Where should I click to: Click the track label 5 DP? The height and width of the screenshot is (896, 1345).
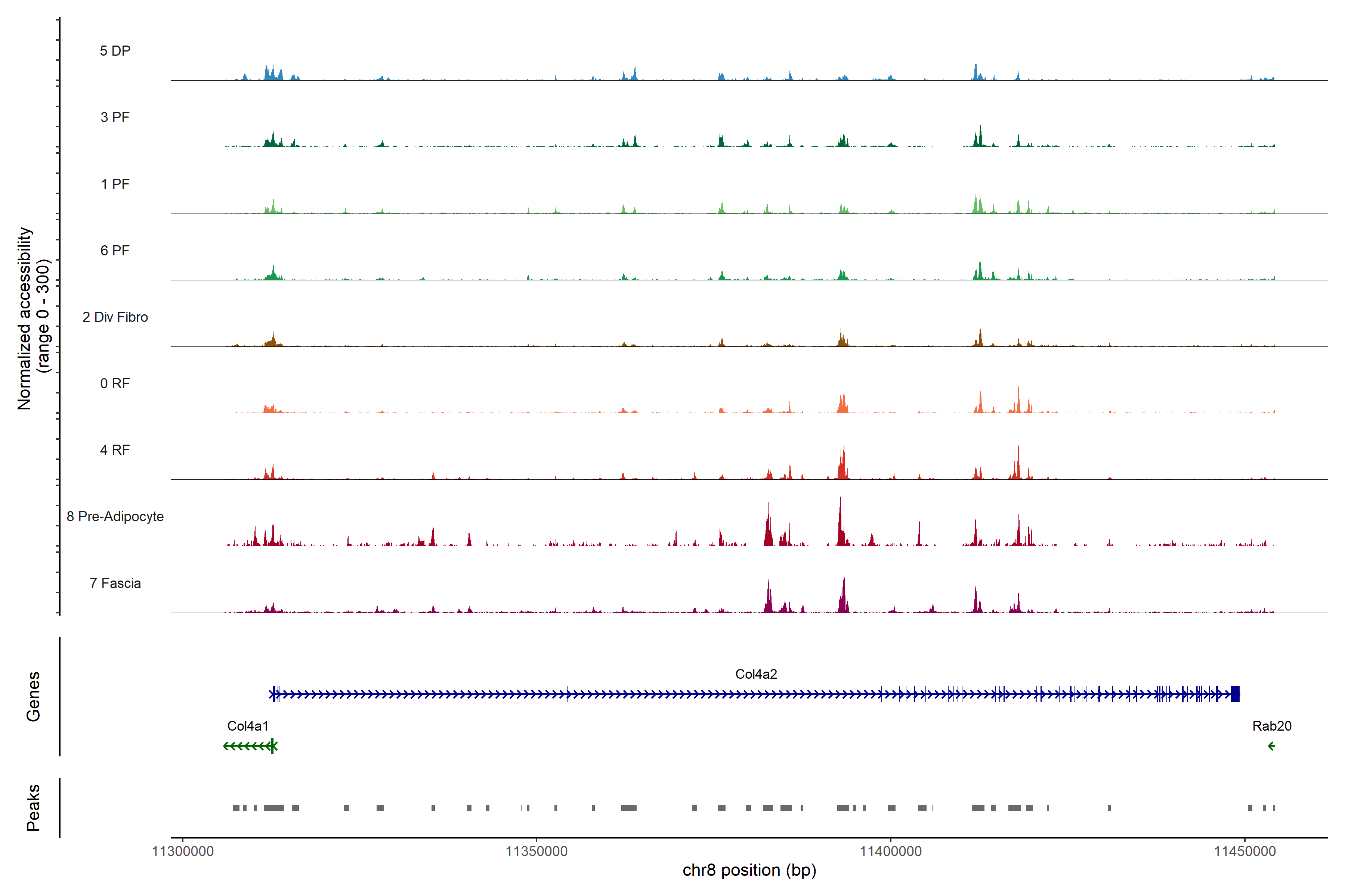(115, 51)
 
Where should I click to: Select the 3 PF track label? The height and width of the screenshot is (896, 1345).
(115, 117)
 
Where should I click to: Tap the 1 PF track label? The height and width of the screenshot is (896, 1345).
(115, 184)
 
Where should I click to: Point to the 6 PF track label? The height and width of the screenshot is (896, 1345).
(115, 250)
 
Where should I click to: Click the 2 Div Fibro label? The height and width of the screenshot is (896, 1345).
(115, 317)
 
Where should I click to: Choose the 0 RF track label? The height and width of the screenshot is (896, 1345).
(115, 383)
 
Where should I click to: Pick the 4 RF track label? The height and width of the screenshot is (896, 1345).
(115, 450)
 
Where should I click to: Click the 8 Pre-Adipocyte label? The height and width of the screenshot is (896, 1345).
(115, 517)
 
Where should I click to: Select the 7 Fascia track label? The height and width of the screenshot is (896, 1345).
(115, 583)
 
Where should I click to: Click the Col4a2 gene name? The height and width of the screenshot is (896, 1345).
(756, 674)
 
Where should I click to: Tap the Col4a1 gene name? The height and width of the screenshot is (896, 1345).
(248, 726)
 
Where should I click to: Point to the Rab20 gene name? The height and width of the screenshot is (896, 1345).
(1272, 726)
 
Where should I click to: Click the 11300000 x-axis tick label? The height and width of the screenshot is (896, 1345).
(183, 852)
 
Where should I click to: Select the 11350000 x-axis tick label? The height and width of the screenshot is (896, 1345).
(537, 852)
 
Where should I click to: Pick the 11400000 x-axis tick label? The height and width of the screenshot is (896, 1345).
(891, 852)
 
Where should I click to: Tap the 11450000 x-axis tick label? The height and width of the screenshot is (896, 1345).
(1245, 852)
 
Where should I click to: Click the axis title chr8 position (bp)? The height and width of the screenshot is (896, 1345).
(749, 870)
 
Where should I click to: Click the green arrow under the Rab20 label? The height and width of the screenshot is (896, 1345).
(1271, 746)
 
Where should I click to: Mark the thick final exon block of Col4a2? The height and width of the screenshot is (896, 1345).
(1235, 694)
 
